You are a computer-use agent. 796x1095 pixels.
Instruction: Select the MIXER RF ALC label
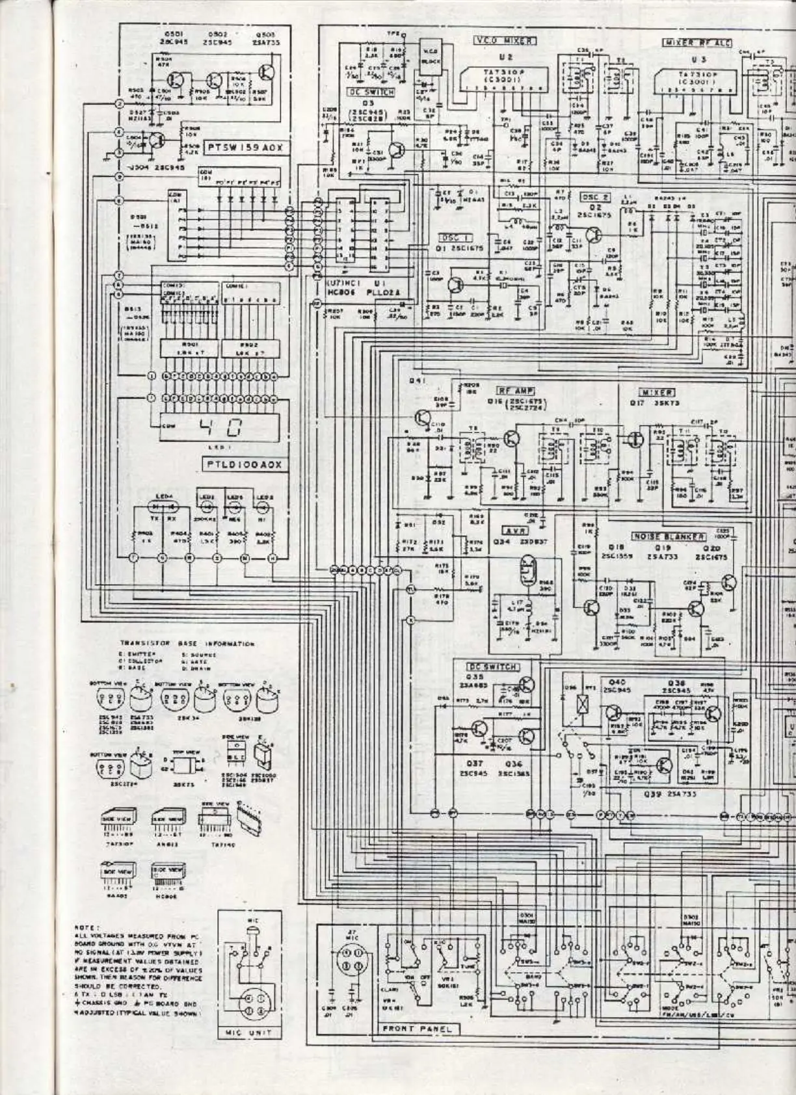pyautogui.click(x=696, y=43)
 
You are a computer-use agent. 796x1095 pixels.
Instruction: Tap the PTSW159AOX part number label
pyautogui.click(x=244, y=148)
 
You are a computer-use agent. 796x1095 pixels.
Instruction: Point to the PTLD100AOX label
pyautogui.click(x=243, y=465)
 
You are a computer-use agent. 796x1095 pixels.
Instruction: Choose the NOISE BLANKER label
pyautogui.click(x=667, y=537)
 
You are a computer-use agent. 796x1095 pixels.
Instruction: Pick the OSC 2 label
pyautogui.click(x=595, y=198)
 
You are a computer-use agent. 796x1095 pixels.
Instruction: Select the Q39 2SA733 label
pyautogui.click(x=661, y=794)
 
